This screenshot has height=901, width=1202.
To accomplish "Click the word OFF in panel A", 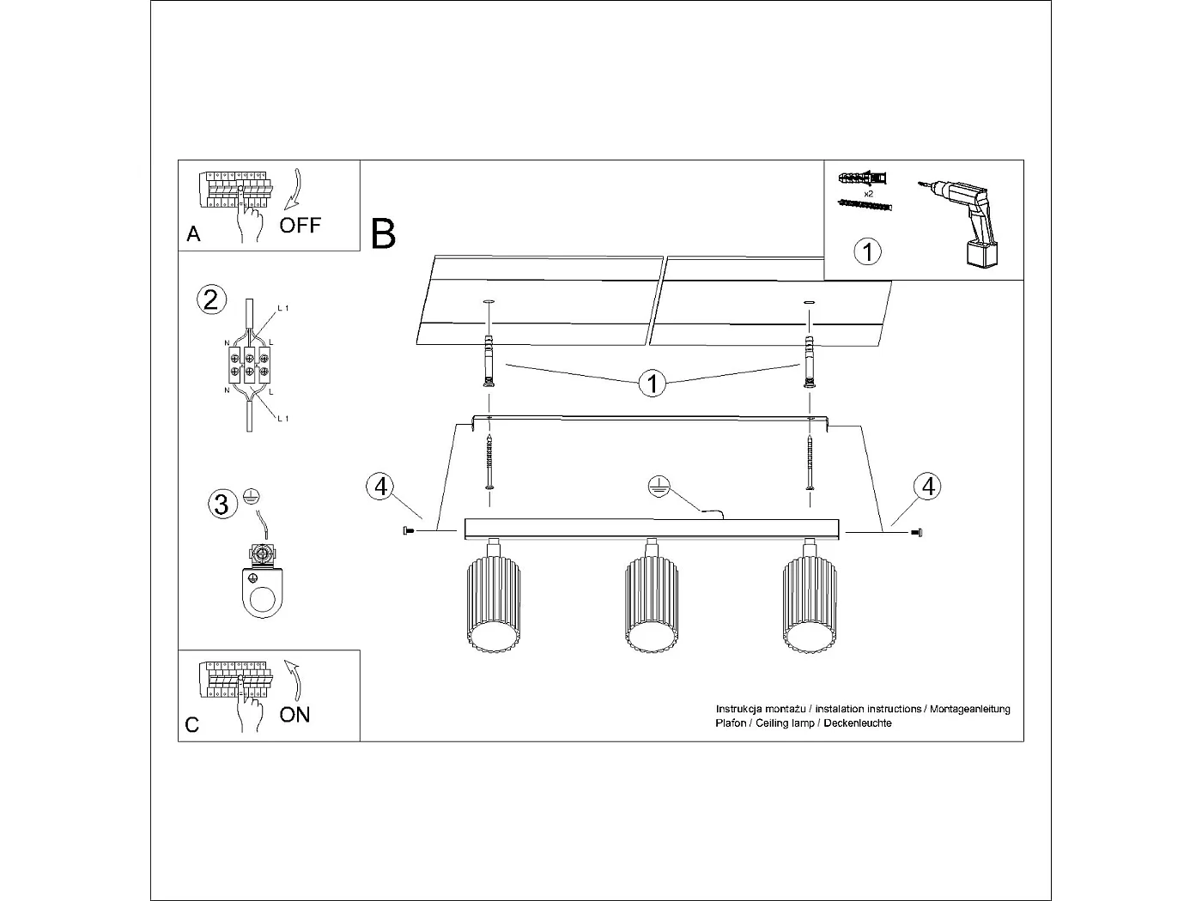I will click(x=300, y=226).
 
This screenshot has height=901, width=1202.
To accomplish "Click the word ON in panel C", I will click(x=294, y=715).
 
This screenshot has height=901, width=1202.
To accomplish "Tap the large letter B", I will click(x=383, y=234).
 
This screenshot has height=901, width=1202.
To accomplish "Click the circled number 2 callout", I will click(x=211, y=299).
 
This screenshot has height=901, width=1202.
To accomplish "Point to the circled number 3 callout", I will click(x=222, y=504).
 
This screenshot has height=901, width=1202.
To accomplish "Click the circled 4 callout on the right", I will click(x=927, y=487).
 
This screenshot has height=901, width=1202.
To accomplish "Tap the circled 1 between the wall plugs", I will click(x=653, y=383).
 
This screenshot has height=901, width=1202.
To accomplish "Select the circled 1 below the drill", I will click(x=867, y=251).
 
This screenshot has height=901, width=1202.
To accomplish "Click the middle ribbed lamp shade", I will click(x=651, y=605).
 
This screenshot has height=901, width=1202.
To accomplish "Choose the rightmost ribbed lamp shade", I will click(x=810, y=605).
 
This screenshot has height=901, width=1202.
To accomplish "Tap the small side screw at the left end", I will click(x=407, y=532).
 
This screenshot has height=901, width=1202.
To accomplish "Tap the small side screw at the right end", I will click(x=917, y=533).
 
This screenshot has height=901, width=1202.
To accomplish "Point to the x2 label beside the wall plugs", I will click(x=868, y=194).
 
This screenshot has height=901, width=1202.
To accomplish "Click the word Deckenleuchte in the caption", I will click(x=857, y=723).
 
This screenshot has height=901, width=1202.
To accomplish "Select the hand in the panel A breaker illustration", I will click(x=250, y=225).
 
